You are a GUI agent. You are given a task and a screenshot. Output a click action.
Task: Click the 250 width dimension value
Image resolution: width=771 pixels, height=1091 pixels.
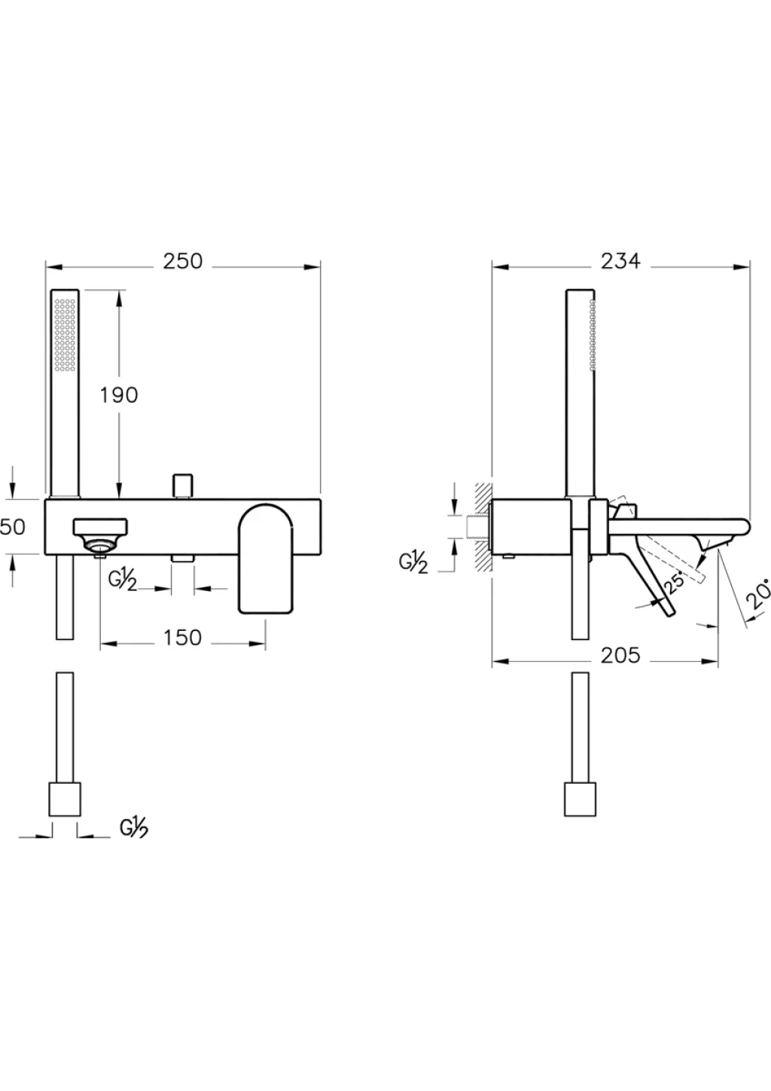click(x=183, y=261)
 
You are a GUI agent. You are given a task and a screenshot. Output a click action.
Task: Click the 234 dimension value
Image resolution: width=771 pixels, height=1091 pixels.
click(x=620, y=261)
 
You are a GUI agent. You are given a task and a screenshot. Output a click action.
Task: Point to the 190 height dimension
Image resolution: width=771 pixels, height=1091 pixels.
click(x=119, y=395)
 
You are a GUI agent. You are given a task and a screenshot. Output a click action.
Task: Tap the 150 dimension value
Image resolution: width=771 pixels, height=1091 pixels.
click(x=182, y=638)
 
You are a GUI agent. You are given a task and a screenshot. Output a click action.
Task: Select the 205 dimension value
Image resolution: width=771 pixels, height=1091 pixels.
click(x=620, y=656)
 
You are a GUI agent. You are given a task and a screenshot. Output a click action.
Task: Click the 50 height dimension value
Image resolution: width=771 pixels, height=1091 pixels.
click(x=12, y=527)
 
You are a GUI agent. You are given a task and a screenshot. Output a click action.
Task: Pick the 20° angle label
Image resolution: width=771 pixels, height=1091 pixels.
click(x=759, y=594)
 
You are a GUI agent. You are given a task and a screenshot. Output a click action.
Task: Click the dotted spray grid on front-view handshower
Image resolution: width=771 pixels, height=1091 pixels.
click(x=65, y=334)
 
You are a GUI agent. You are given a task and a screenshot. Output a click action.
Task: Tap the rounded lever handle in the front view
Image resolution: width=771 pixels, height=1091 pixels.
click(x=266, y=559)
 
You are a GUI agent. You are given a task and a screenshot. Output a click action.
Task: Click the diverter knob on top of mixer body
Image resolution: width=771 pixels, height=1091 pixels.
click(x=183, y=486)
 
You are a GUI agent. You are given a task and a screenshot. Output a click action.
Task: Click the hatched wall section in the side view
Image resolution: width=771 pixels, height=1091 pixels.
click(x=483, y=527)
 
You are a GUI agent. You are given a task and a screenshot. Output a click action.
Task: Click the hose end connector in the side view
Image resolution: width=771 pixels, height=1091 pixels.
click(x=580, y=800)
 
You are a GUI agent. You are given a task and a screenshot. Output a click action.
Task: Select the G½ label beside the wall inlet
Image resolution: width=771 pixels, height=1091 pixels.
click(x=413, y=563)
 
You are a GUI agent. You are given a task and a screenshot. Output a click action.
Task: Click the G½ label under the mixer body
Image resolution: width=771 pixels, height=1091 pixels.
click(x=123, y=581)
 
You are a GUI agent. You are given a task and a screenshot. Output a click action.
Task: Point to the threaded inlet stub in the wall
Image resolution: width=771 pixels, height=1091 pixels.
click(x=478, y=527)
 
